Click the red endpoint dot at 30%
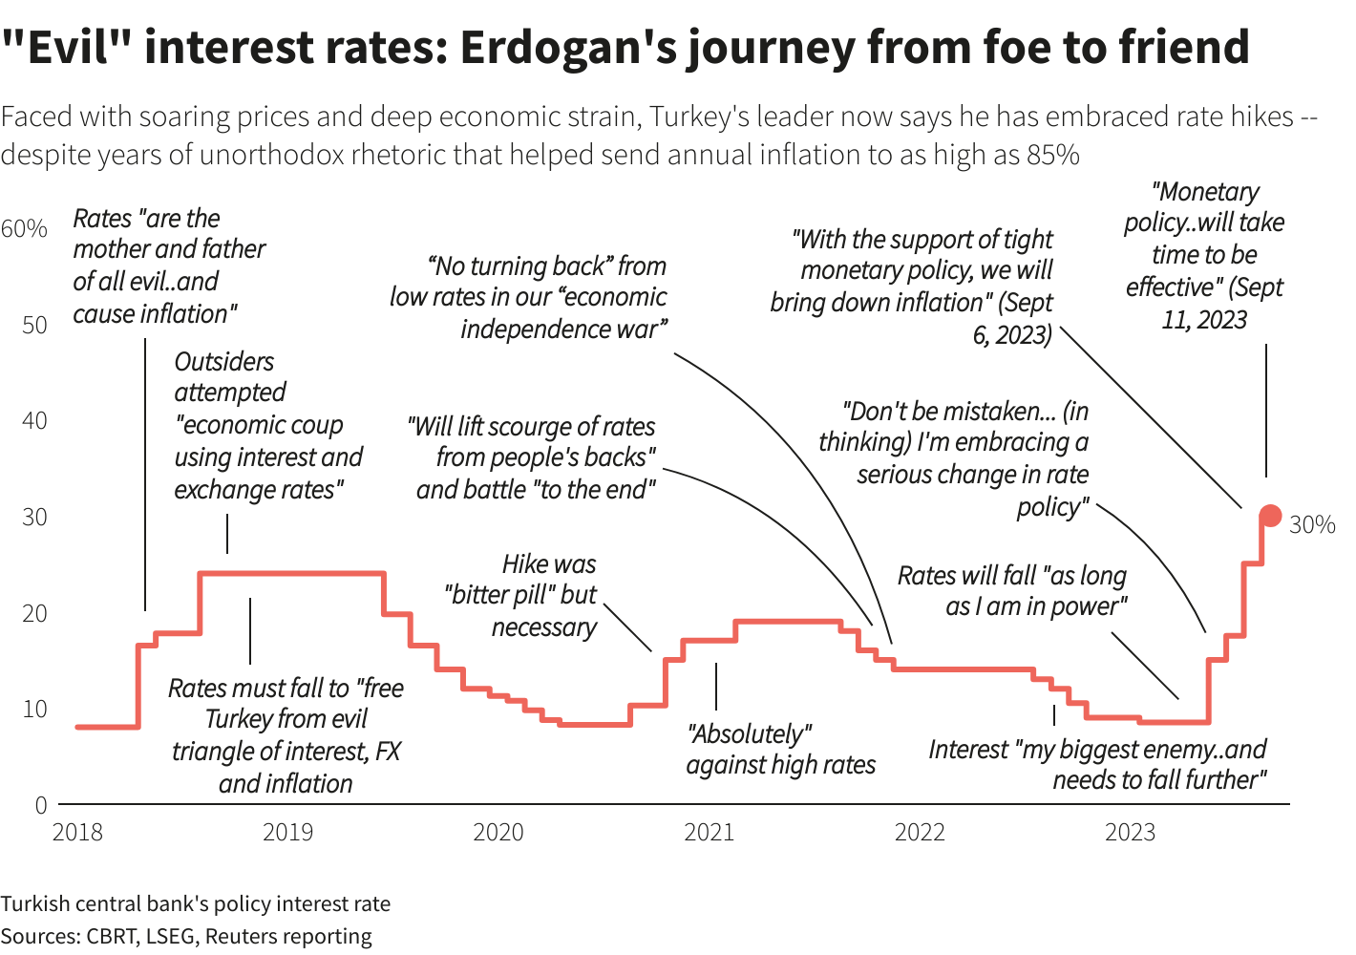point(1270,516)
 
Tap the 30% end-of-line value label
point(1312,524)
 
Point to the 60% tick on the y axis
point(24,228)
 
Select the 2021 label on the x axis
point(709,833)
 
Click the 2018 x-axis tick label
point(77,833)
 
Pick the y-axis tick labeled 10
point(34,709)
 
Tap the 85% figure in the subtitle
point(1052,155)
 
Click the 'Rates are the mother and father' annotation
point(168,265)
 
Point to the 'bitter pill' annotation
point(520,595)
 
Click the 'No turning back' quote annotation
point(528,297)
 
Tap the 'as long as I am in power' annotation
point(1012,591)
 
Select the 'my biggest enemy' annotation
point(1098,765)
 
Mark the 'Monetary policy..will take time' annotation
point(1204,255)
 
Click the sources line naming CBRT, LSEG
point(186,936)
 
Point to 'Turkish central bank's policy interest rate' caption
point(196,904)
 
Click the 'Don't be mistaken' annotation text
point(955,458)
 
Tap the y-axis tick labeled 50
point(34,325)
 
